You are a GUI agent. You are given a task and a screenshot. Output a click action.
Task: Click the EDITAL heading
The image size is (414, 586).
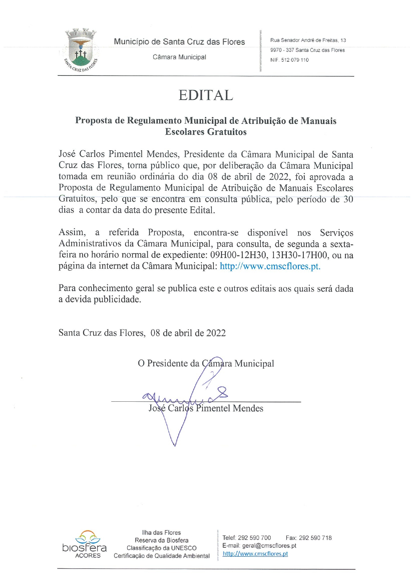205,95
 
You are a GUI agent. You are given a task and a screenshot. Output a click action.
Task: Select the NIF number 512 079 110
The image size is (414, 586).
295,60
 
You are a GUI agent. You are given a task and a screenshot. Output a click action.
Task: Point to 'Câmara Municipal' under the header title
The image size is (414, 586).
179,57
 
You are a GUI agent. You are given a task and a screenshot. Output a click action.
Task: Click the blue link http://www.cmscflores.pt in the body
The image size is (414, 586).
270,266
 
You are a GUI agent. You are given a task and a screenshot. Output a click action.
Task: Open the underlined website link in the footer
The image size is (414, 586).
255,554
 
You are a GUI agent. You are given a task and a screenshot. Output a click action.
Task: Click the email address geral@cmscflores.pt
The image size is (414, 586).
269,546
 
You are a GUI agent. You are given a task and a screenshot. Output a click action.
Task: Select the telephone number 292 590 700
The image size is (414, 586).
254,538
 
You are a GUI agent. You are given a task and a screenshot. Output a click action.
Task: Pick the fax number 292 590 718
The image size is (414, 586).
315,538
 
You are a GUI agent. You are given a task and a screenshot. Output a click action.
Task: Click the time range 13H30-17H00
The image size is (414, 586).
299,255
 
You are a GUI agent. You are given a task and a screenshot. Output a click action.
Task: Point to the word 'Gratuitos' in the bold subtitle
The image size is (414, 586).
225,132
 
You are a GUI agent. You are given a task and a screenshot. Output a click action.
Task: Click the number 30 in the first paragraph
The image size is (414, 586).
348,199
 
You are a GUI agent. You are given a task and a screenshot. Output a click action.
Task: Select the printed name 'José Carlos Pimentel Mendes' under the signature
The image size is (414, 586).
206,408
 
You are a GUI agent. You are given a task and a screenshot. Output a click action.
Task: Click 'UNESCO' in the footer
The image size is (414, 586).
183,548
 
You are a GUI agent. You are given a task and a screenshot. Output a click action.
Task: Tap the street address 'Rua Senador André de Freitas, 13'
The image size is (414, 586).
308,40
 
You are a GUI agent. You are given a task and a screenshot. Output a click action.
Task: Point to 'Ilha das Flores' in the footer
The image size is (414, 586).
161,533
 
